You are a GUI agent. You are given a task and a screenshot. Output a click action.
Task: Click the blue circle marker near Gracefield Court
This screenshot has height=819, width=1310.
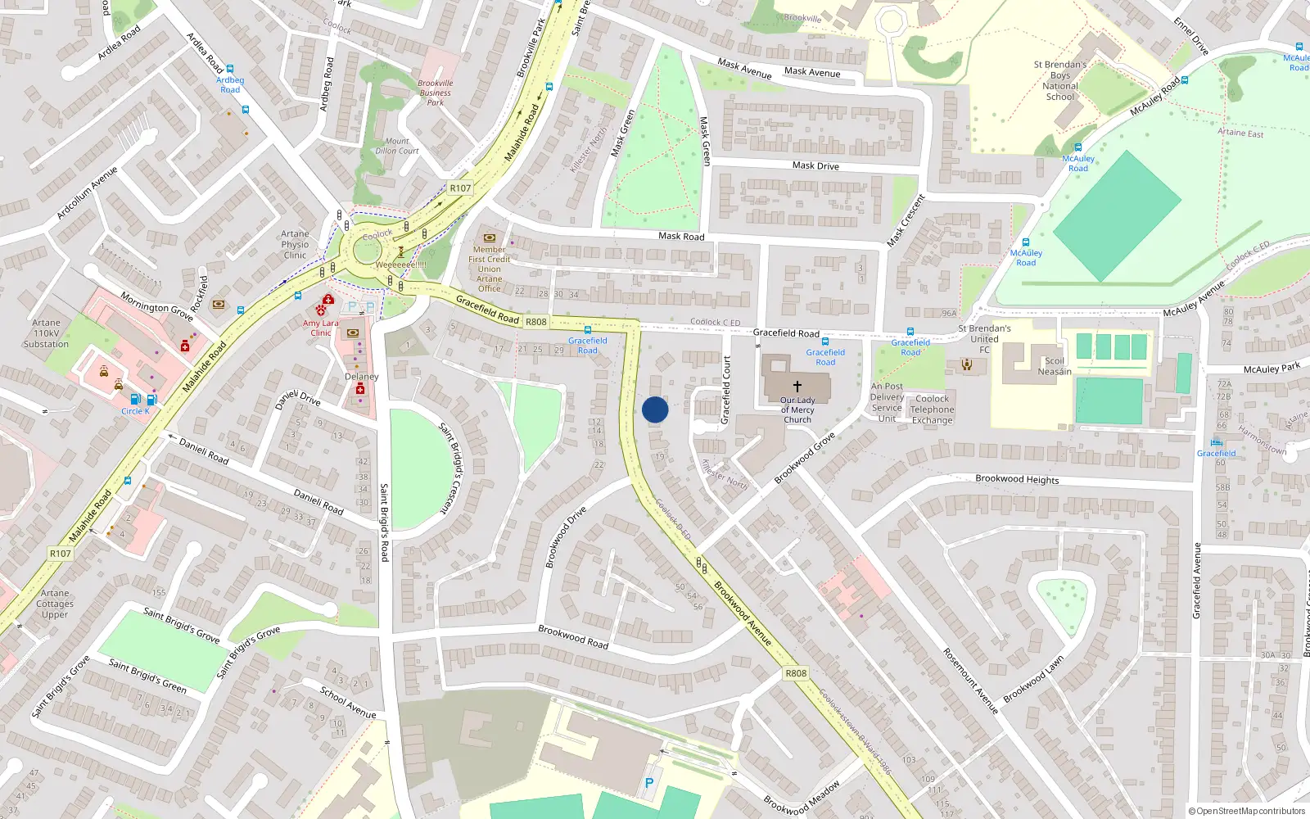click(x=655, y=409)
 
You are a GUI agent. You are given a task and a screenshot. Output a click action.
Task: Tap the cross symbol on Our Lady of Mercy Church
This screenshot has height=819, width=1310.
click(x=797, y=386)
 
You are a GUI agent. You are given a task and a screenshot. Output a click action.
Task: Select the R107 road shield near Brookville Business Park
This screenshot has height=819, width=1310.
click(x=460, y=188)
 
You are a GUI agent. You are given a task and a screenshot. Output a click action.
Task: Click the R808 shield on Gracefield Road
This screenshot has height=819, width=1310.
click(x=535, y=322)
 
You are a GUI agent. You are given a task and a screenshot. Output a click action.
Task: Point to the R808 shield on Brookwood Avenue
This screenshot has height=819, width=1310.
click(x=796, y=673)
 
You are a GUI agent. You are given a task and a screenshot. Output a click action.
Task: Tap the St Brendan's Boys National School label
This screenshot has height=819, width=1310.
click(x=1060, y=80)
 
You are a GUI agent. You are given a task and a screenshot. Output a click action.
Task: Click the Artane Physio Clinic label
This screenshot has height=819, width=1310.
click(x=295, y=244)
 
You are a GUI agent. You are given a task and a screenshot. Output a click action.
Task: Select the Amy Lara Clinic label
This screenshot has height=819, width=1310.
click(x=320, y=328)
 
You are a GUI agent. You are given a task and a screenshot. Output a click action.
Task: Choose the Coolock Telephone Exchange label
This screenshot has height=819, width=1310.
click(x=932, y=409)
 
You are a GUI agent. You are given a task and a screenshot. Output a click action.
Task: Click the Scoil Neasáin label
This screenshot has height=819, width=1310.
click(x=1055, y=366)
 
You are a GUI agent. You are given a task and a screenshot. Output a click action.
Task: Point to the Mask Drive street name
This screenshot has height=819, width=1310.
click(x=815, y=165)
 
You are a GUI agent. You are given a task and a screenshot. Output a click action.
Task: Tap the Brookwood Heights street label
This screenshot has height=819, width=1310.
click(x=1017, y=479)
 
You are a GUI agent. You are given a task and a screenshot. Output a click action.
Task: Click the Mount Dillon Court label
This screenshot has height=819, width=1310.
click(x=397, y=146)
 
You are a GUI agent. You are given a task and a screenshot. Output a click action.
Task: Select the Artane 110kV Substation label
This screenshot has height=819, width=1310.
click(x=46, y=333)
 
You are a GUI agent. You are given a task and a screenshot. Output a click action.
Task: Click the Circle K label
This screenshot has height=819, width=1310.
click(x=135, y=411)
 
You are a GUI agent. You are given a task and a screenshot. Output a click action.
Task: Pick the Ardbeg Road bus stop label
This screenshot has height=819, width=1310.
click(x=230, y=84)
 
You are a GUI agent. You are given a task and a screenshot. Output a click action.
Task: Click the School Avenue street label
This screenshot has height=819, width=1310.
click(x=348, y=703)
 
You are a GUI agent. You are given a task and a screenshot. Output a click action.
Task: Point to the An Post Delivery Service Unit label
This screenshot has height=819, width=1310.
click(x=887, y=402)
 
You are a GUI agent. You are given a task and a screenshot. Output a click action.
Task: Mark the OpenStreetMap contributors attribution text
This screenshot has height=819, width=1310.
click(x=1246, y=811)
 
